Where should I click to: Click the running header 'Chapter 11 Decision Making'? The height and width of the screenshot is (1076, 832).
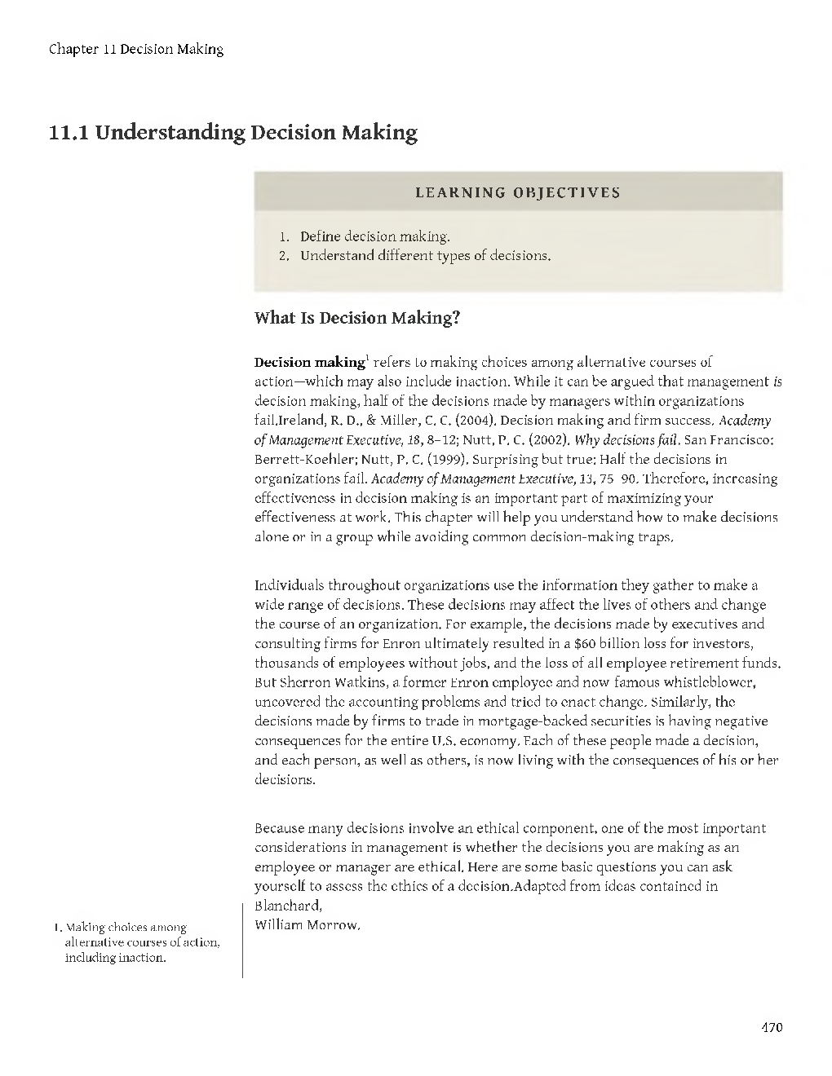[136, 49]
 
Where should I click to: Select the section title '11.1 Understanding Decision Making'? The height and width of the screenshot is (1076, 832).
[233, 132]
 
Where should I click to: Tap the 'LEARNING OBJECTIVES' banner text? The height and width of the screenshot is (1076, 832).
[518, 193]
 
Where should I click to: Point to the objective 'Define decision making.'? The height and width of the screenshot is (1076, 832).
[374, 236]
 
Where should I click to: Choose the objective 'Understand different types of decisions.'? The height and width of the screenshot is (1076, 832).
[425, 256]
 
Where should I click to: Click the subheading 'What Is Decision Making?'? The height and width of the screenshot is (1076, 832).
[357, 318]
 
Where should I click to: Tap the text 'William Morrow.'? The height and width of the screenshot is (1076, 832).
[307, 924]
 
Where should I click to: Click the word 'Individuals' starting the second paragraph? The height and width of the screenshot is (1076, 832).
[290, 585]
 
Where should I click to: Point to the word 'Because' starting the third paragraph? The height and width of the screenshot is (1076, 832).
[280, 828]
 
